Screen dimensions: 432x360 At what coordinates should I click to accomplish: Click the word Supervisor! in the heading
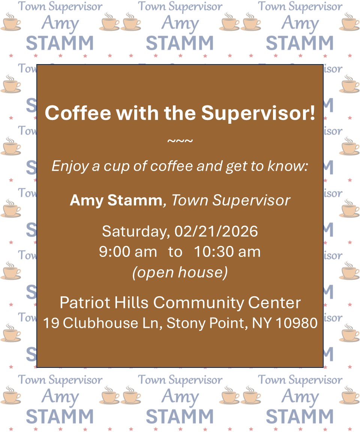[x=258, y=113]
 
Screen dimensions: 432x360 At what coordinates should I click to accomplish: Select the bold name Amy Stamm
[x=115, y=200]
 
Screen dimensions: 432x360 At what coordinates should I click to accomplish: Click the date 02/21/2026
[x=216, y=231]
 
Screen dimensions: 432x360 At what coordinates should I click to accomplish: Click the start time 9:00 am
[x=128, y=252]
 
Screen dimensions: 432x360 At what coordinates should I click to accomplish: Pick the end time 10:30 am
[x=227, y=252]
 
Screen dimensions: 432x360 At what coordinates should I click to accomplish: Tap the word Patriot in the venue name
[x=83, y=303]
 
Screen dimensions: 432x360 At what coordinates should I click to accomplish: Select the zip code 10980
[x=297, y=323]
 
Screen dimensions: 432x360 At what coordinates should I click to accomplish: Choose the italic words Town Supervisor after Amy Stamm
[x=231, y=200]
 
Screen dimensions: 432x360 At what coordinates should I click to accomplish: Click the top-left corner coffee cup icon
[x=10, y=22]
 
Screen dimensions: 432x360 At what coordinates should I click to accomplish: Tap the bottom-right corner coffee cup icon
[x=349, y=396]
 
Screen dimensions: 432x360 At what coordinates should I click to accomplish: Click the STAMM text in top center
[x=180, y=43]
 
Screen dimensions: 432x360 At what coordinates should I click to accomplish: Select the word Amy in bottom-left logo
[x=60, y=396]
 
